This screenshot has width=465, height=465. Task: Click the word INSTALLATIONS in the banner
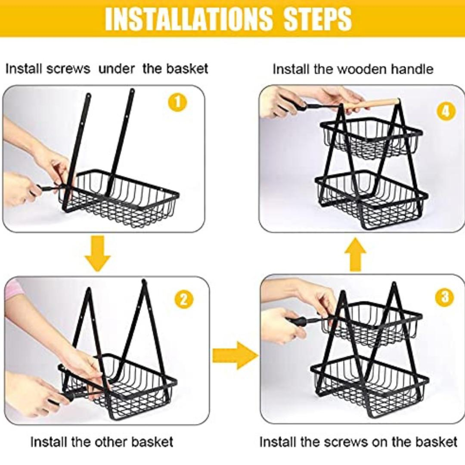click(x=188, y=19)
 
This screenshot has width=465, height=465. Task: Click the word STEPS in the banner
click(x=318, y=19)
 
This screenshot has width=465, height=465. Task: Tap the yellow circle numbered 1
click(x=177, y=103)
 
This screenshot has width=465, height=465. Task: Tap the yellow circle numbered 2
click(x=184, y=300)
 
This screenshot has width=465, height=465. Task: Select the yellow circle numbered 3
click(x=444, y=297)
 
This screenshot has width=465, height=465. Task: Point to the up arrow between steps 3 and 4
click(x=355, y=254)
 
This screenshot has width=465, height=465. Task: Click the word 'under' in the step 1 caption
click(x=116, y=69)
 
